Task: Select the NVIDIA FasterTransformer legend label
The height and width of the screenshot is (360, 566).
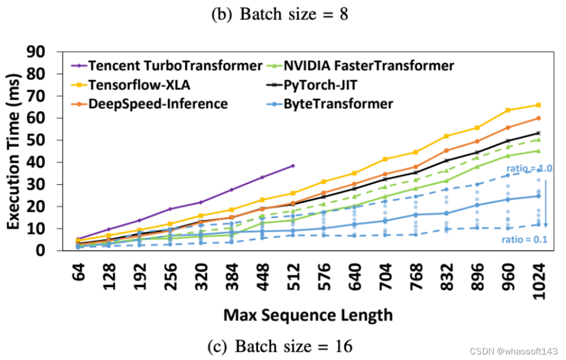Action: (369, 66)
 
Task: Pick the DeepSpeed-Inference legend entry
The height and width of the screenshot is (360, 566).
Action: (159, 103)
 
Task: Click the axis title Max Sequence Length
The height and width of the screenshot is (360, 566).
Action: (308, 315)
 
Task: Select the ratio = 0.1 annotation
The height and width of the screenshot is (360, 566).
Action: (524, 239)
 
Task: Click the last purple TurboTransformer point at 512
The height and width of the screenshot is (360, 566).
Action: (293, 165)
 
